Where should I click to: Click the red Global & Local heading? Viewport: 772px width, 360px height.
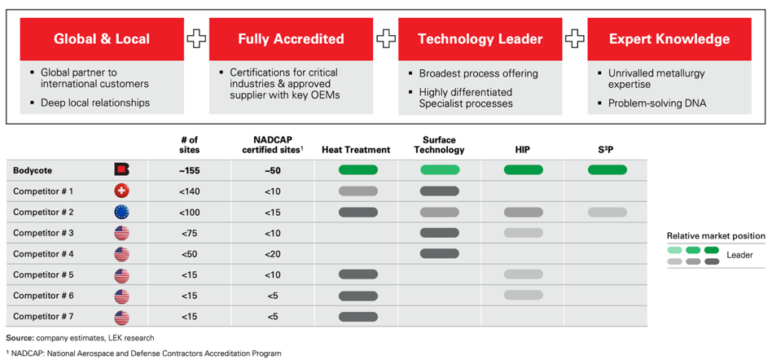[x=102, y=39]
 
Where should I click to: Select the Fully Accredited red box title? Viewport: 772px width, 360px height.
[x=291, y=39]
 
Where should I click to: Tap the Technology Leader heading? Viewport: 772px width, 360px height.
[x=480, y=39]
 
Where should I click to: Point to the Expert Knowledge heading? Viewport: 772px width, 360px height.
[x=669, y=39]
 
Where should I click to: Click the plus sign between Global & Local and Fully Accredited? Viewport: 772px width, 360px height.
[x=196, y=39]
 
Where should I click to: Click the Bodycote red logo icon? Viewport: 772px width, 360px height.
[x=121, y=170]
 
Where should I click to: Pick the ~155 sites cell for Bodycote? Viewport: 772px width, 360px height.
[x=189, y=170]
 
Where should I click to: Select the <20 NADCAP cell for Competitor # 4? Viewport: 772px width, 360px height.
[x=272, y=254]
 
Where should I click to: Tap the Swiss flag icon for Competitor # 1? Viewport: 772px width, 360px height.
[x=121, y=191]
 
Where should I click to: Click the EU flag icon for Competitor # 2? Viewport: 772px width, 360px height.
[x=121, y=213]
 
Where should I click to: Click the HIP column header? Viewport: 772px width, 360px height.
[x=524, y=149]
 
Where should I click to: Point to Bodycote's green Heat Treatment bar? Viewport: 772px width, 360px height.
[x=358, y=170]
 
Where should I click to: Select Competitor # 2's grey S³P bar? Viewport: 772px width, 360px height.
[x=607, y=213]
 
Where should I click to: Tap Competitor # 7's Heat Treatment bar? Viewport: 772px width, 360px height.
[x=358, y=316]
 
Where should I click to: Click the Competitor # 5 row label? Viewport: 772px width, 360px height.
[x=44, y=274]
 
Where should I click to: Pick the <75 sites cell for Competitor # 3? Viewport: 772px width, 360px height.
[x=189, y=233]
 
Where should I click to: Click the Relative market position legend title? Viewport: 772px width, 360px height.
[x=716, y=236]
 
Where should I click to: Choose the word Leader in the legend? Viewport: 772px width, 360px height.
[x=739, y=255]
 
